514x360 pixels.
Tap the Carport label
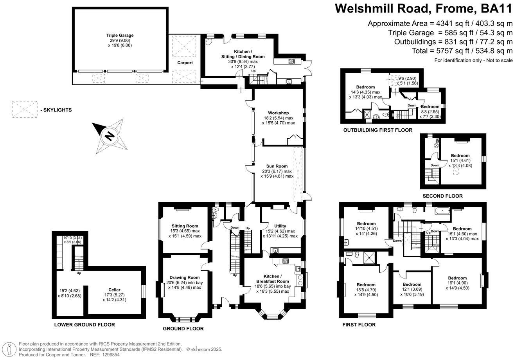[185, 63]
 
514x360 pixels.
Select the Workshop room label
[278, 113]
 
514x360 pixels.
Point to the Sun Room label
[278, 166]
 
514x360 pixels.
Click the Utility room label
[280, 226]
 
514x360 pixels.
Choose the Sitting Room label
[185, 226]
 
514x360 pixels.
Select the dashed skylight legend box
[24, 110]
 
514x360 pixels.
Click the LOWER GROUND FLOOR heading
[84, 325]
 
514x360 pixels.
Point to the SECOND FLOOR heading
[442, 196]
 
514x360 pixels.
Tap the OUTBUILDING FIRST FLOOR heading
[377, 130]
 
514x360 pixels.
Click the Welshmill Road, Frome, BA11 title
[424, 8]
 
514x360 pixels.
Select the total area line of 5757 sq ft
[462, 51]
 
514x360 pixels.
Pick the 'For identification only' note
[473, 60]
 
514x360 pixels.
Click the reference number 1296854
[109, 355]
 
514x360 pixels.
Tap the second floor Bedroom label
[460, 155]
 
